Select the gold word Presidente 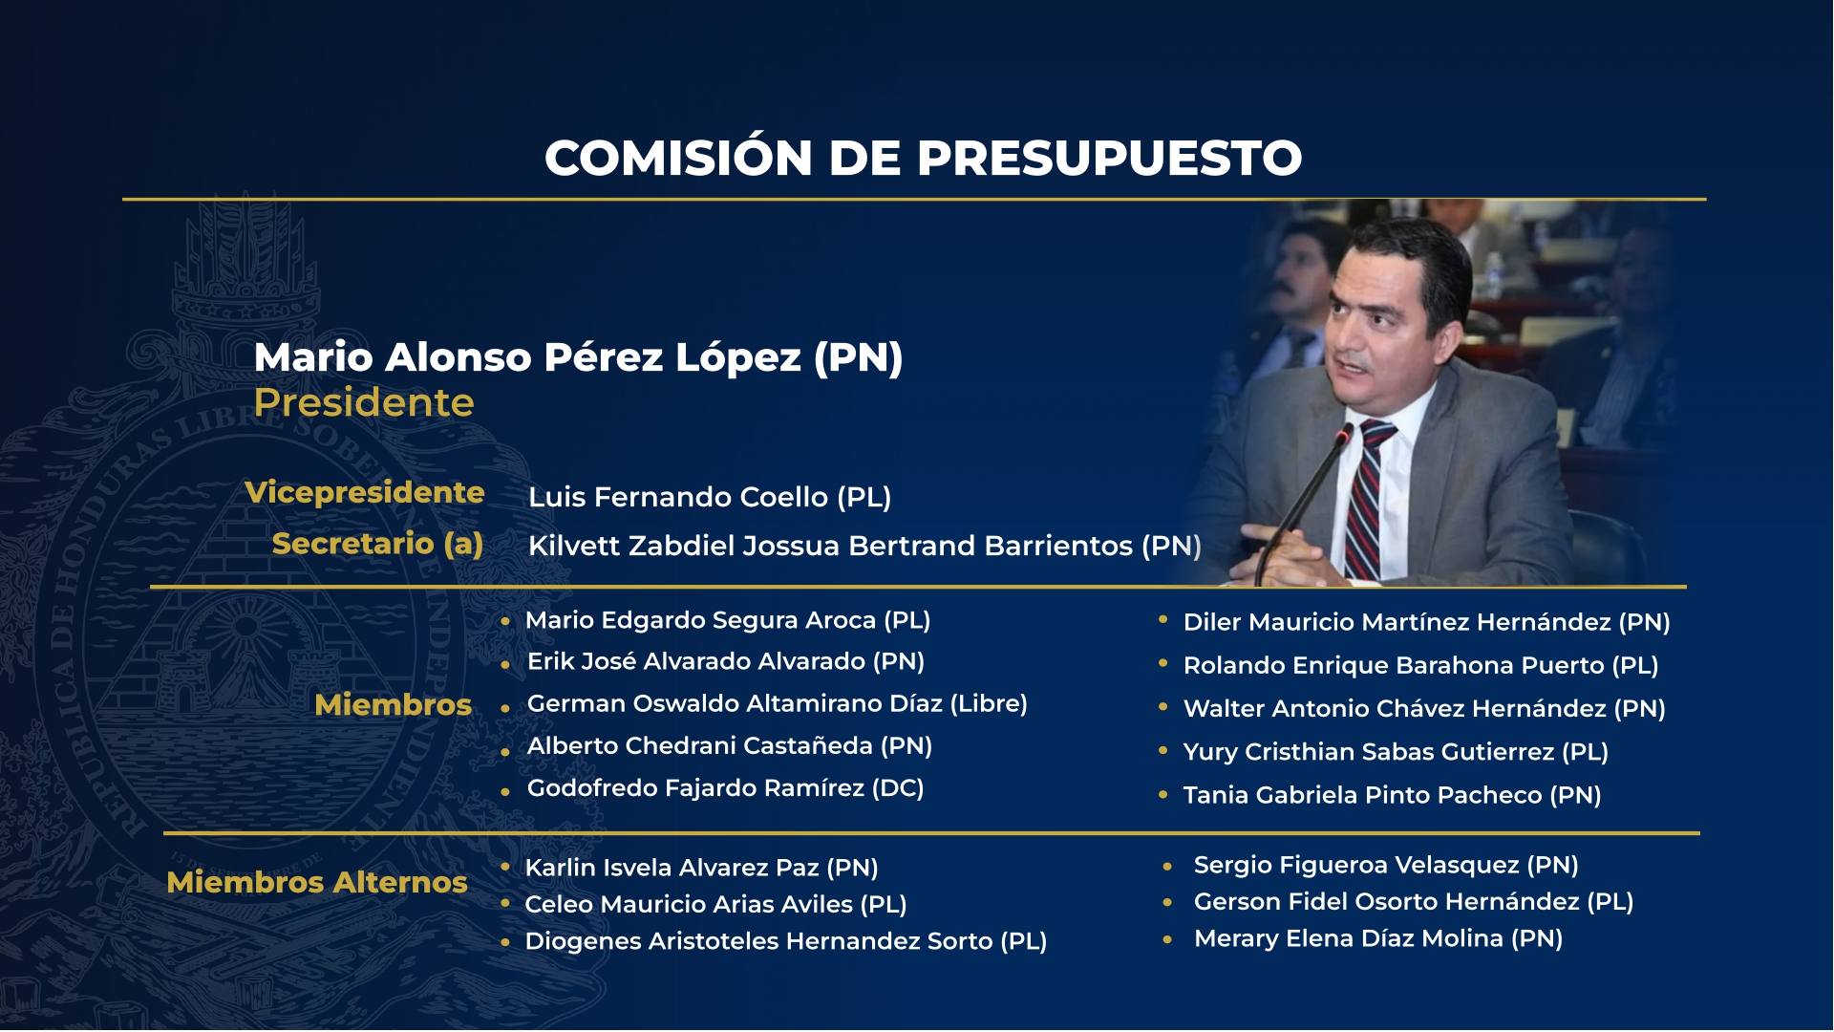364,402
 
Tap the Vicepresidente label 365,492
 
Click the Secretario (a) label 377,544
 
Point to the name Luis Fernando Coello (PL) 710,497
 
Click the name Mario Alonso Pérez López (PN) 578,357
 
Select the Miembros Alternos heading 317,882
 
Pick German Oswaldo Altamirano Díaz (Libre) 777,703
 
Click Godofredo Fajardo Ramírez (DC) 725,788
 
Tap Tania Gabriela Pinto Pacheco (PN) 1392,795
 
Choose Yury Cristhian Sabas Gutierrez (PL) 1396,752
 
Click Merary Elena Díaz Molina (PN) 1378,938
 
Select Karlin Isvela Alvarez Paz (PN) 701,868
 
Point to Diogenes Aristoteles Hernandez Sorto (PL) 785,941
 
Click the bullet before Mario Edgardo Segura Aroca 505,621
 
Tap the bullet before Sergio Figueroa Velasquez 1167,867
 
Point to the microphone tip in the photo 1345,435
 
